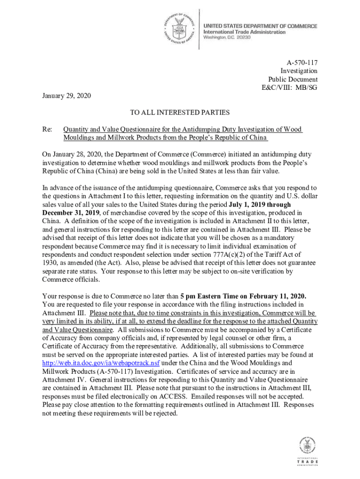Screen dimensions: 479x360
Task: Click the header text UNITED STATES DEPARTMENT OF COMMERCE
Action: point(260,26)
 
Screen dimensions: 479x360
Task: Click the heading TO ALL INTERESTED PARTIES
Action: point(180,112)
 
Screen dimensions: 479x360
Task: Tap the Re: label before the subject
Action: point(47,129)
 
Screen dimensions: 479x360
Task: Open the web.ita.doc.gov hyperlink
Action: point(101,363)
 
